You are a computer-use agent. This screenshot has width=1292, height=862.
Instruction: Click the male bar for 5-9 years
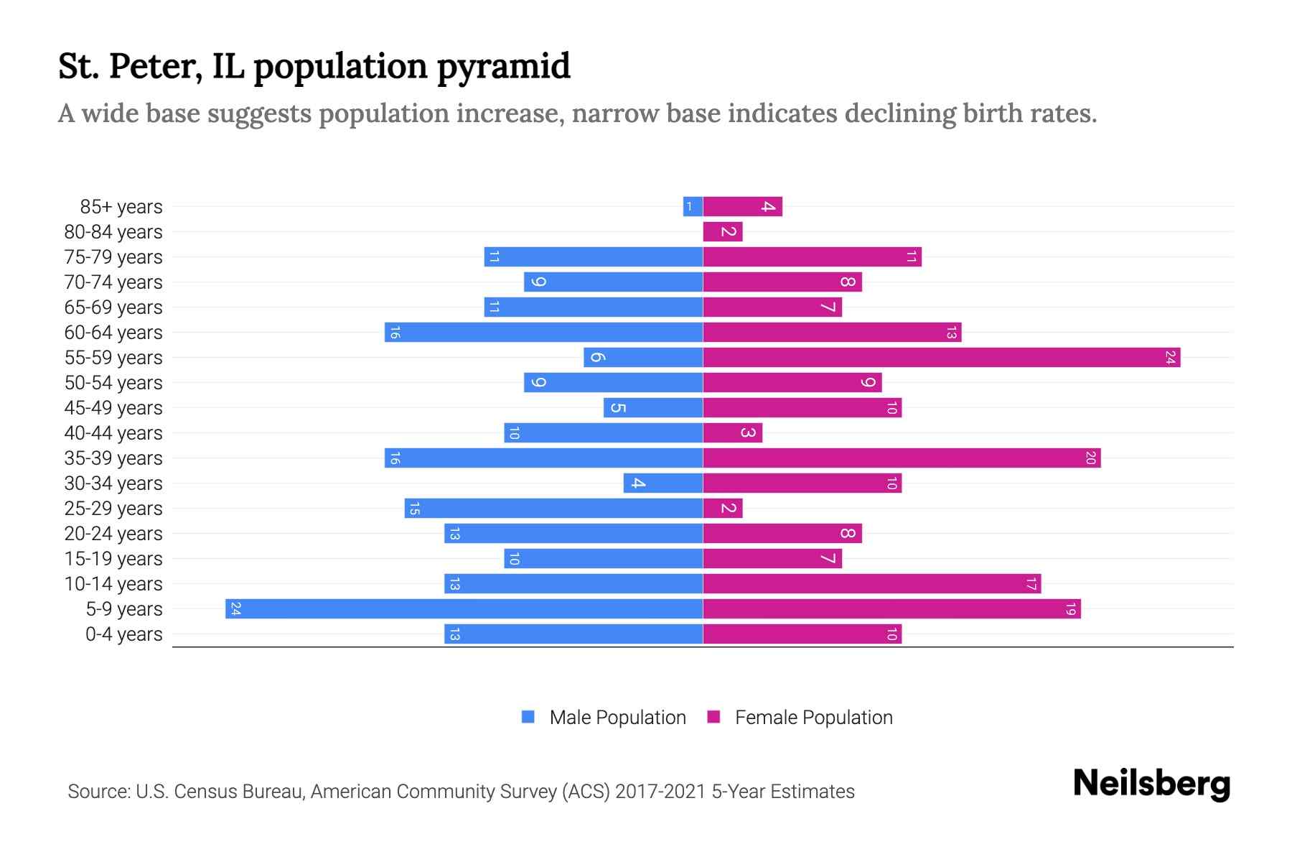464,608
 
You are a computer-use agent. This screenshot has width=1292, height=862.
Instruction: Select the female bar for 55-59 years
941,357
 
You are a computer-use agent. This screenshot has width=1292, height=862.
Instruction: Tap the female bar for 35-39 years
902,458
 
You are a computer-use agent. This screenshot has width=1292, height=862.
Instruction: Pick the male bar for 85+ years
693,207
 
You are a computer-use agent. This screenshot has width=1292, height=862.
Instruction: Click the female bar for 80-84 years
722,232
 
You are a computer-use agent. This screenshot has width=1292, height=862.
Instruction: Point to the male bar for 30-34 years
663,483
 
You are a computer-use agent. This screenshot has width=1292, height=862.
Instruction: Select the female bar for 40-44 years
732,432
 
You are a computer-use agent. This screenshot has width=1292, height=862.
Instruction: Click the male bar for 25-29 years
553,508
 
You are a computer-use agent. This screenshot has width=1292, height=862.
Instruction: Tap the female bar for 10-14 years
871,583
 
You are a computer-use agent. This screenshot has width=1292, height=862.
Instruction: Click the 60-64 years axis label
113,333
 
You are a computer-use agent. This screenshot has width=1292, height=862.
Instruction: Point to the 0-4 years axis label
123,634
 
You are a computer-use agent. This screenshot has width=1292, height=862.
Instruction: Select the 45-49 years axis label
113,408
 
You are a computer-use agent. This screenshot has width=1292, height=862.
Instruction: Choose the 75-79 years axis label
113,257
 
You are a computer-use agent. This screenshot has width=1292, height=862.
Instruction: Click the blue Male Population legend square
528,717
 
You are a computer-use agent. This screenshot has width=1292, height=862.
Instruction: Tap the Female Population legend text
813,717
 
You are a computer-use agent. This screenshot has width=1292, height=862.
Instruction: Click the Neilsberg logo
1151,784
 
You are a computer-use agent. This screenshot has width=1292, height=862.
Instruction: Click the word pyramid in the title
503,67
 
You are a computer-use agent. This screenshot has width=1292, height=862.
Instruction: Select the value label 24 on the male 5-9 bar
235,609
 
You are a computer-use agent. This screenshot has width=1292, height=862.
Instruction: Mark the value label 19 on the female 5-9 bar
1070,609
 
